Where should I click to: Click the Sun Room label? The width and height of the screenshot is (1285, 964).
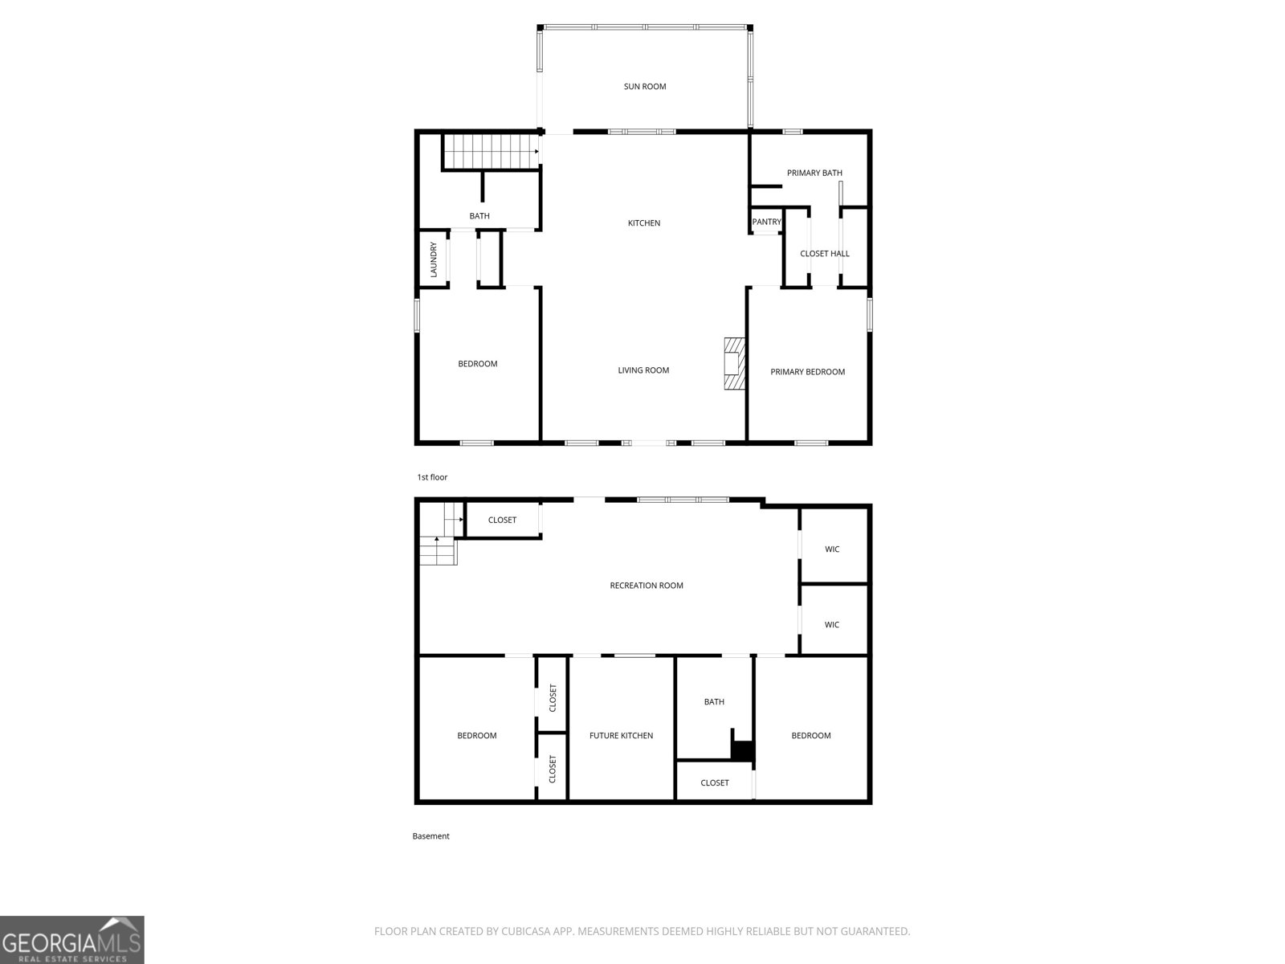click(645, 87)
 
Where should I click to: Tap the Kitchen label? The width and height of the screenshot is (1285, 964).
click(644, 223)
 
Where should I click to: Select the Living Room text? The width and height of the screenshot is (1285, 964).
click(643, 370)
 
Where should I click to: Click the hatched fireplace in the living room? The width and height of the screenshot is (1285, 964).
click(734, 363)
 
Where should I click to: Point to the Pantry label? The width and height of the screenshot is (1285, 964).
click(766, 222)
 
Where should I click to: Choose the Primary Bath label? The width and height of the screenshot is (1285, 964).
click(814, 173)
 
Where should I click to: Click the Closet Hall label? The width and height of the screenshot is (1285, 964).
click(824, 253)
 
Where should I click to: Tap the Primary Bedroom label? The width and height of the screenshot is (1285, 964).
click(807, 372)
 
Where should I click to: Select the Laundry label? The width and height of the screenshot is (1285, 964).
click(433, 259)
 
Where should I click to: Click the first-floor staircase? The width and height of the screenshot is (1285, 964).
click(491, 152)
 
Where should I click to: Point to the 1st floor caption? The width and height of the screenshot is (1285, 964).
click(432, 477)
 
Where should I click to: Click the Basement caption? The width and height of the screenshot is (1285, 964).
click(430, 835)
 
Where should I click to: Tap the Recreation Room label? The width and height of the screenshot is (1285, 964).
click(647, 586)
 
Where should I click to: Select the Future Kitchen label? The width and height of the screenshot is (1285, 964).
click(621, 736)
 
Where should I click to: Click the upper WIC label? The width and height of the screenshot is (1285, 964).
click(832, 549)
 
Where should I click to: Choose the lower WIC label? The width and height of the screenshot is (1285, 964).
click(832, 624)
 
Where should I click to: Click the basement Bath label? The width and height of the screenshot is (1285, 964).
click(714, 702)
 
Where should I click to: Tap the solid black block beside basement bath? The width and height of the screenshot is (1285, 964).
click(743, 751)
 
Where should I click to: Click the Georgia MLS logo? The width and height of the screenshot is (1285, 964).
click(72, 940)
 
